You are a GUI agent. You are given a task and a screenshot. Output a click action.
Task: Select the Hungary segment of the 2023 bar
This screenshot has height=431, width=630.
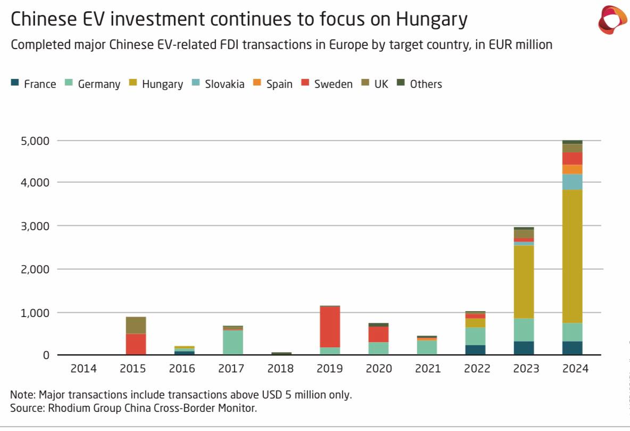click(x=524, y=282)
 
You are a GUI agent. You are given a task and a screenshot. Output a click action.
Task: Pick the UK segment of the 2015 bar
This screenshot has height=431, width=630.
click(x=136, y=325)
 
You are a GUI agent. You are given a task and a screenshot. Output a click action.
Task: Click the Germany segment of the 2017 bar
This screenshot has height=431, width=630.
click(x=233, y=343)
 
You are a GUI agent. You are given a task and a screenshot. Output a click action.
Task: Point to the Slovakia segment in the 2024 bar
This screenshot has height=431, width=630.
click(x=573, y=182)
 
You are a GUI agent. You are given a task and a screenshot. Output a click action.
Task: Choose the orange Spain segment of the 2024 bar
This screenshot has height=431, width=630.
click(x=573, y=169)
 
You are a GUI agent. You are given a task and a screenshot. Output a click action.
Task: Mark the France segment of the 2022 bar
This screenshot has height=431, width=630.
click(x=475, y=350)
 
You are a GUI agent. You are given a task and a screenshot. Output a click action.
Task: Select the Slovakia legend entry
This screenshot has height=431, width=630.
click(x=219, y=84)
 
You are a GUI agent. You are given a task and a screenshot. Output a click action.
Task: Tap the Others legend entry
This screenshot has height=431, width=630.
click(x=420, y=84)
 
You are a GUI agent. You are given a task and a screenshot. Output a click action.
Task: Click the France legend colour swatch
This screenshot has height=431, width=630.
click(x=15, y=83)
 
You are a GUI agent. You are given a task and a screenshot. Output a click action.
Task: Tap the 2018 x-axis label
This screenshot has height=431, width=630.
click(x=281, y=369)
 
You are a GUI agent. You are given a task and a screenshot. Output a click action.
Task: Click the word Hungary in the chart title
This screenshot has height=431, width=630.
click(x=431, y=20)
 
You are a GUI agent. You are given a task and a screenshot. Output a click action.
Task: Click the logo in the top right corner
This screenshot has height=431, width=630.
click(x=612, y=20)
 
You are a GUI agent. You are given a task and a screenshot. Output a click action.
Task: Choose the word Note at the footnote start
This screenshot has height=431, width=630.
click(x=20, y=395)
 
